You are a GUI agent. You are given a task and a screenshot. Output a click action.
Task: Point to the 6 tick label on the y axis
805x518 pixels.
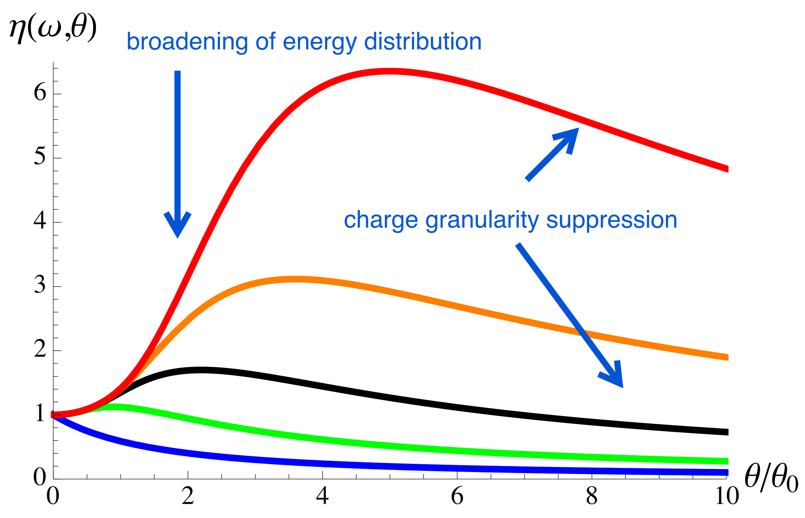coord(40,92)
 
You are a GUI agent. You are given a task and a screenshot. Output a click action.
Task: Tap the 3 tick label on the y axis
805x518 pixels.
coord(40,285)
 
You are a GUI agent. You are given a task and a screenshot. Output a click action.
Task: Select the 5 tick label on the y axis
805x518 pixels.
coord(40,157)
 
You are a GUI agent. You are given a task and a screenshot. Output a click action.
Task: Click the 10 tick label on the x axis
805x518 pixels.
coord(727,496)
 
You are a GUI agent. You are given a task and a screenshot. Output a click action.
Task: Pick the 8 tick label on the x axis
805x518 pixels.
coord(591,496)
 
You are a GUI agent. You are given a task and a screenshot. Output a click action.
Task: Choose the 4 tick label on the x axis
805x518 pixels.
coord(322,496)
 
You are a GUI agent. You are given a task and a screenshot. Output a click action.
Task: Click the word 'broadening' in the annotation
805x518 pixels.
coord(187,42)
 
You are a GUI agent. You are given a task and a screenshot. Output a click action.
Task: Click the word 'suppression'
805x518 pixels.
coord(611,221)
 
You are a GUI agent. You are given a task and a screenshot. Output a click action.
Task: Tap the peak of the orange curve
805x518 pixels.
coord(295,279)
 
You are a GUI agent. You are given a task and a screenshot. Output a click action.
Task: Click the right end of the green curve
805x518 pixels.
coord(727,461)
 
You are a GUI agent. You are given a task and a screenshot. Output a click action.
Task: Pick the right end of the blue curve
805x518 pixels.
coord(727,472)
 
